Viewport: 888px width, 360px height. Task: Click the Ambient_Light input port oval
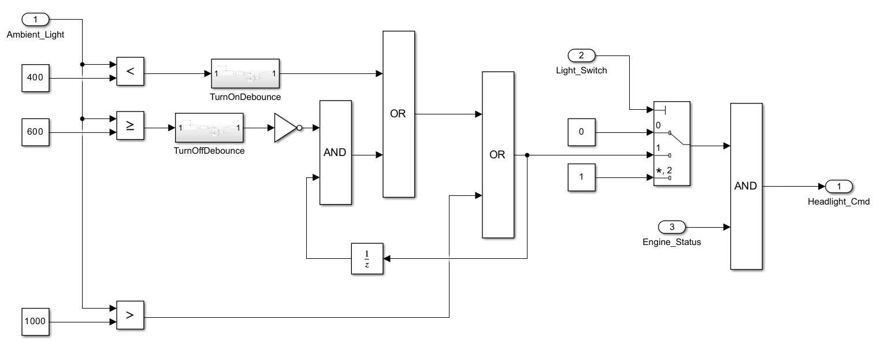tap(35, 20)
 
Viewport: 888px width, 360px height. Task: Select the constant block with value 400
tap(35, 78)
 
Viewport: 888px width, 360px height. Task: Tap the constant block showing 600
tap(35, 132)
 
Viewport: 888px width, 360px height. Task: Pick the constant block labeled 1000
tap(35, 321)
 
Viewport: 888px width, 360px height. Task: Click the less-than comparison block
tap(130, 72)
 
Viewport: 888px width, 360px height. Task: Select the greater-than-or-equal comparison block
tap(130, 126)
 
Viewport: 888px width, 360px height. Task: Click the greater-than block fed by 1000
tap(130, 315)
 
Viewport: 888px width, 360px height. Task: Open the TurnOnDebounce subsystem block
tap(246, 73)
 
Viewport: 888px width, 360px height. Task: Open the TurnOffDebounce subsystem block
tap(209, 128)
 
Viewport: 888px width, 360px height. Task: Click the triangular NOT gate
tap(286, 128)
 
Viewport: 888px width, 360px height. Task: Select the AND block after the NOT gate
tap(335, 153)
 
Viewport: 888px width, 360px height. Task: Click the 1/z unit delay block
tap(367, 258)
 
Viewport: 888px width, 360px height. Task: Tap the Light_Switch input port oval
tap(582, 55)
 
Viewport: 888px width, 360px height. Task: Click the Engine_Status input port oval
tap(672, 227)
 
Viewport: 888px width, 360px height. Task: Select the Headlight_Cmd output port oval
tap(839, 186)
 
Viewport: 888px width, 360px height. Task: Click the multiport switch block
tap(671, 143)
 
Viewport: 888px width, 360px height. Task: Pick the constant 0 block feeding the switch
tap(582, 132)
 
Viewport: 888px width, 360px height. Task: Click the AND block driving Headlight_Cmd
tap(746, 186)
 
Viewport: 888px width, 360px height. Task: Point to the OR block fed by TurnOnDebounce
tap(399, 114)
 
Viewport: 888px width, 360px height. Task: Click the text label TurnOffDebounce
tap(209, 151)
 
